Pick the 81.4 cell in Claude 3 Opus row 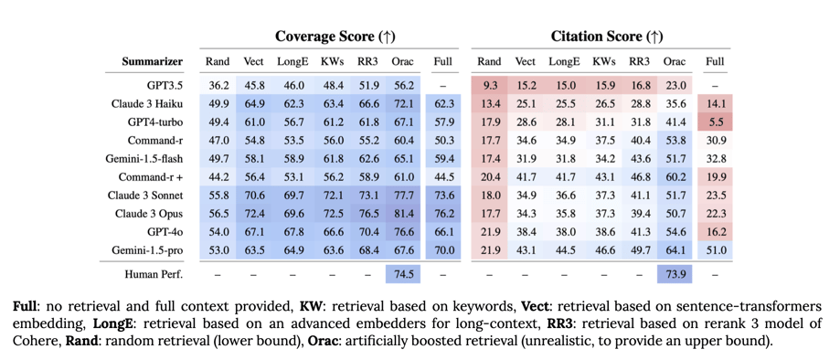(x=402, y=214)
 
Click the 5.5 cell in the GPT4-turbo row (x=716, y=122)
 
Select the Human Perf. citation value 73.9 (x=675, y=273)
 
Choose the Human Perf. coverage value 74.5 (x=402, y=273)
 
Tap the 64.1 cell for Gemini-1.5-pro (x=675, y=250)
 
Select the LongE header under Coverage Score (x=293, y=62)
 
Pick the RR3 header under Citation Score (x=639, y=62)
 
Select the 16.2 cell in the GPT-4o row (x=716, y=232)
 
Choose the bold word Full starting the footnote (x=25, y=306)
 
